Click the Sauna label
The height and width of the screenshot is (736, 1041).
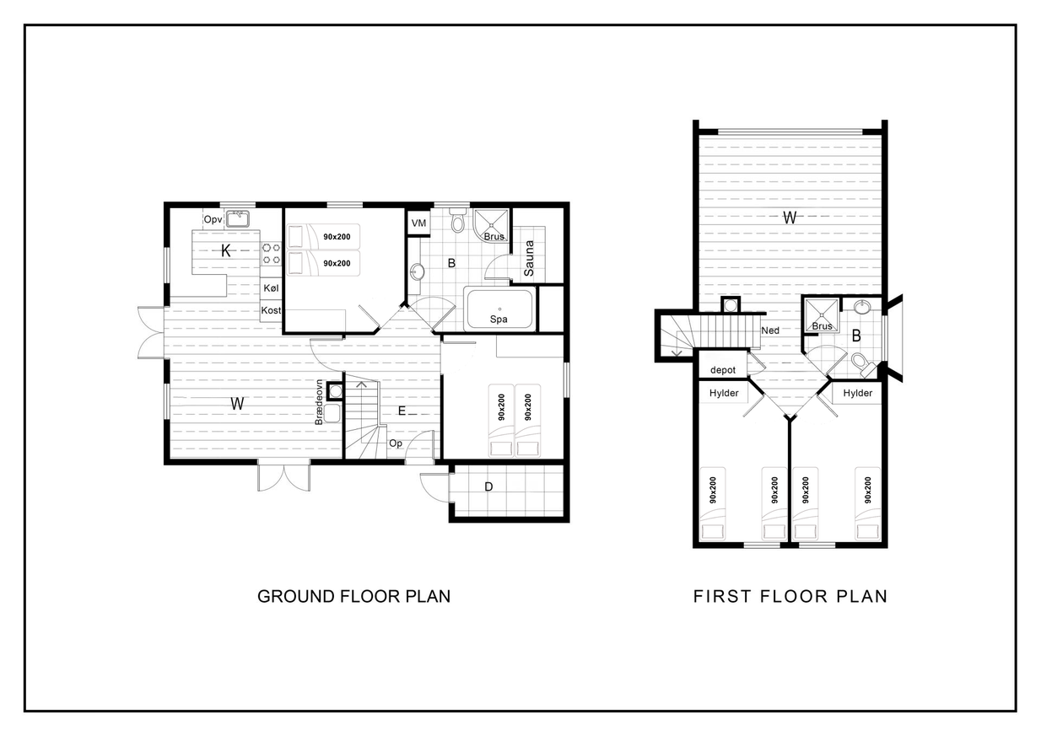(528, 258)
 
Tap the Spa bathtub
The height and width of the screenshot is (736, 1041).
(499, 309)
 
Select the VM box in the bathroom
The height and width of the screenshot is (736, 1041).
(418, 223)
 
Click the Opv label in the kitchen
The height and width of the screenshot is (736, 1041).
(213, 219)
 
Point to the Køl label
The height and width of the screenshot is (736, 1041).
(271, 287)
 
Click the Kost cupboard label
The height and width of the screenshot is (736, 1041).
(271, 310)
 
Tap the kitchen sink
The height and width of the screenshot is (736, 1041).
(238, 218)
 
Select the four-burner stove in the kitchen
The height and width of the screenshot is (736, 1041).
(272, 254)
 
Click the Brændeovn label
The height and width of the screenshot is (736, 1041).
(319, 402)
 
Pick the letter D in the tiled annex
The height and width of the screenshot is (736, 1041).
(488, 486)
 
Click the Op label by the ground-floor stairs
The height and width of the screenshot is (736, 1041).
(396, 443)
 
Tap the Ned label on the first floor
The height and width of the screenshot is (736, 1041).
(770, 330)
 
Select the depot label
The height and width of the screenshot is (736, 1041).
(723, 370)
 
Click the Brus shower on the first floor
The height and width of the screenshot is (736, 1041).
(822, 316)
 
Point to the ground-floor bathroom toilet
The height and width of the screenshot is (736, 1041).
(458, 220)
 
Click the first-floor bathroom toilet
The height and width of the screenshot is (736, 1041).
(862, 363)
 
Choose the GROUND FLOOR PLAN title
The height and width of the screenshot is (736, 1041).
(354, 596)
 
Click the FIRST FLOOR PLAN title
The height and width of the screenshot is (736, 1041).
(790, 596)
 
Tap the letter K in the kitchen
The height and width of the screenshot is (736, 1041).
(225, 250)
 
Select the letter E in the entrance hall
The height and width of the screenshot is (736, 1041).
(402, 411)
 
